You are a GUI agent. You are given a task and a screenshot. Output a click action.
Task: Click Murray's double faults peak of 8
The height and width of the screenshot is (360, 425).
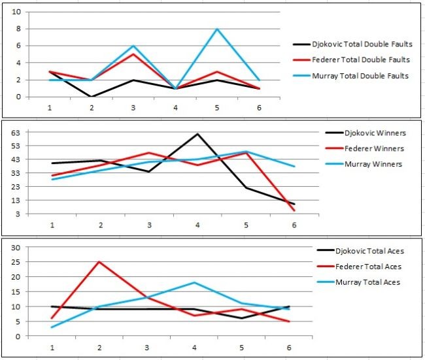(x=217, y=29)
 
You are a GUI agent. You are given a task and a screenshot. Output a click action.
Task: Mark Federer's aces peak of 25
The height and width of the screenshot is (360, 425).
(x=99, y=262)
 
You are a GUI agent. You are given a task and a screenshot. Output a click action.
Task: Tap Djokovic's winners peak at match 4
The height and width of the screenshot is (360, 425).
(x=197, y=134)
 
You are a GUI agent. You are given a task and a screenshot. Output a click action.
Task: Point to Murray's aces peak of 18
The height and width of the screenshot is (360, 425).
(x=194, y=282)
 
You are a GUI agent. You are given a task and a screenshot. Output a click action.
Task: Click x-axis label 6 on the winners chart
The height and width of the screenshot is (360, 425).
(x=294, y=225)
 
